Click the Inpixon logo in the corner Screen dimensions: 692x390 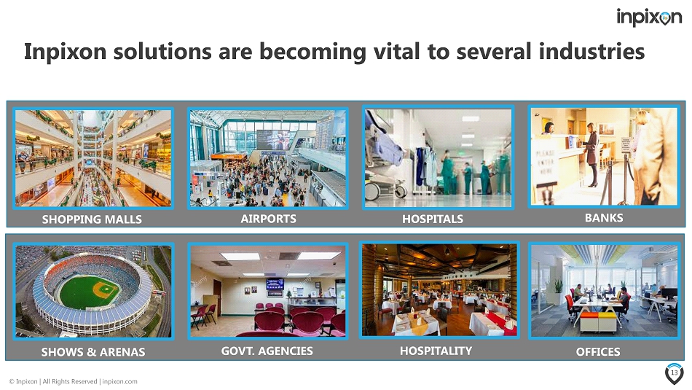pos(649,17)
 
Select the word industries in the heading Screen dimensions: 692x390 pos(591,51)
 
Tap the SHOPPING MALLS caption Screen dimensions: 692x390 pos(92,219)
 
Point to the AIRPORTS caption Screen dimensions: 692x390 pos(268,219)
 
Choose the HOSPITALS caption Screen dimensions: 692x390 pos(433,219)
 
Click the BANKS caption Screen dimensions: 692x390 pos(604,218)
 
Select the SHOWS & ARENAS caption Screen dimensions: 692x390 pos(93,352)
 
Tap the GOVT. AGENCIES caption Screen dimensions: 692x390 pos(267,351)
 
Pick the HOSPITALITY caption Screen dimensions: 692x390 pos(436,351)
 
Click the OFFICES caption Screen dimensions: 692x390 pos(598,351)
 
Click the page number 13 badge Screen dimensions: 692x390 pos(674,373)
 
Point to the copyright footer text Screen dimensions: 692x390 pos(74,381)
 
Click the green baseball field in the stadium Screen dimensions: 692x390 pos(90,292)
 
